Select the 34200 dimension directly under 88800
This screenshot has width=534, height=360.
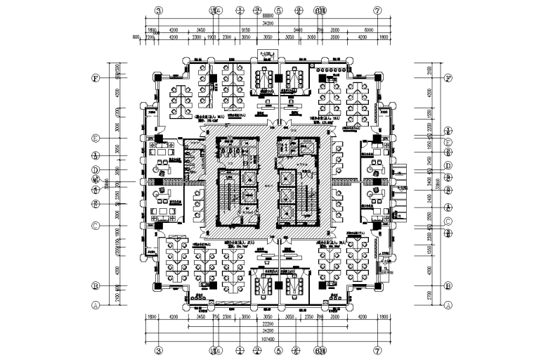[x=268, y=22]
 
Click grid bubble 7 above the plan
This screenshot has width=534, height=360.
[x=377, y=11]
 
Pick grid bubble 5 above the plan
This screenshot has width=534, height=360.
[x=279, y=11]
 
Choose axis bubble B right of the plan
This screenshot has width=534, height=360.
[x=448, y=286]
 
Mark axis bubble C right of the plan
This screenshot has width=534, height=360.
[x=448, y=222]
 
